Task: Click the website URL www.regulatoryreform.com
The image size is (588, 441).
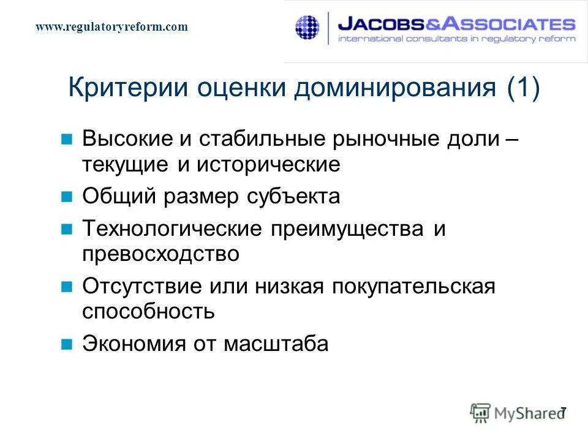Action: [111, 26]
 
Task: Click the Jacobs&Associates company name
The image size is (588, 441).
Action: [456, 24]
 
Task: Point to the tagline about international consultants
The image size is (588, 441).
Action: [456, 39]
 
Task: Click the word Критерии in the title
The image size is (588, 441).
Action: [126, 88]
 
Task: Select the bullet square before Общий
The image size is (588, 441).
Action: [68, 197]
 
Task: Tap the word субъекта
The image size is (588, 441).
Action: [292, 197]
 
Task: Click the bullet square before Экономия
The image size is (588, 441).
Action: [68, 344]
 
